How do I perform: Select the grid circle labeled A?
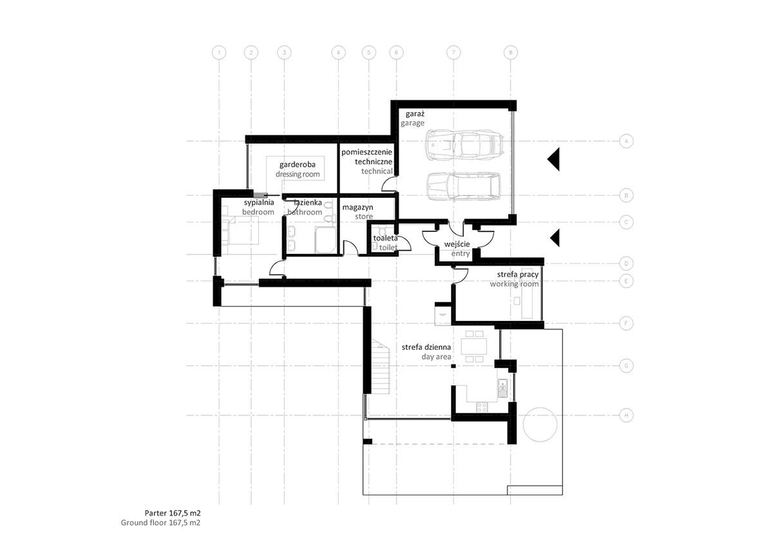click(x=624, y=140)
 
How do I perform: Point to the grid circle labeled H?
click(x=624, y=416)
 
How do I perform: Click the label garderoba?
click(x=297, y=164)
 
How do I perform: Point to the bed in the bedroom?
click(x=240, y=231)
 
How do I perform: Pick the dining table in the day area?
click(x=476, y=347)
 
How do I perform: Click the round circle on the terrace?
click(x=539, y=425)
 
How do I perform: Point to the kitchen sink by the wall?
click(x=503, y=388)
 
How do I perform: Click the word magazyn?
click(x=358, y=207)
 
